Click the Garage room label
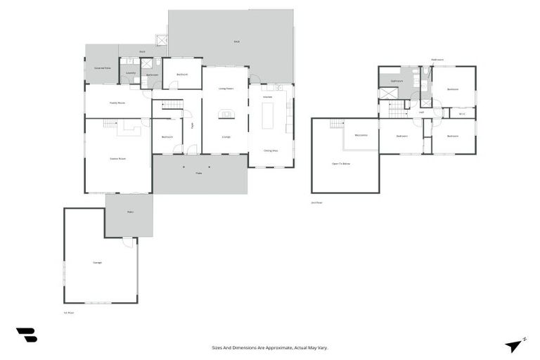pyautogui.click(x=97, y=262)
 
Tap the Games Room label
pyautogui.click(x=117, y=159)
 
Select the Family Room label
pyautogui.click(x=117, y=103)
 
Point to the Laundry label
pyautogui.click(x=130, y=72)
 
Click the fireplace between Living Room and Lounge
pyautogui.click(x=226, y=114)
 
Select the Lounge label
pyautogui.click(x=226, y=137)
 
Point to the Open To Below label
pyautogui.click(x=341, y=164)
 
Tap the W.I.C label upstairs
pyautogui.click(x=462, y=114)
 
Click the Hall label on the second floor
pyautogui.click(x=421, y=112)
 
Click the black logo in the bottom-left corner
pyautogui.click(x=26, y=335)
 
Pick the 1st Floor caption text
pyautogui.click(x=68, y=313)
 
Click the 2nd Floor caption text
pyautogui.click(x=316, y=202)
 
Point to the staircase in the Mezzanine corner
pyautogui.click(x=337, y=124)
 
